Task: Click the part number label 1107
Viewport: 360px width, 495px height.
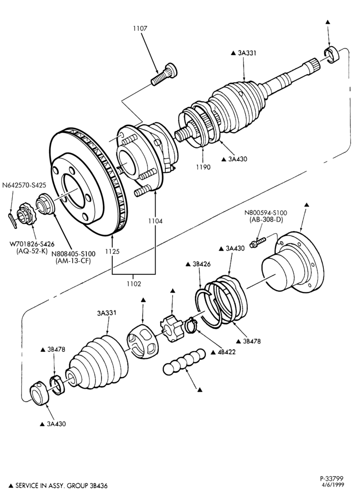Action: pyautogui.click(x=140, y=28)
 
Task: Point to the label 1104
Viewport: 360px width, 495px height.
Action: pyautogui.click(x=155, y=221)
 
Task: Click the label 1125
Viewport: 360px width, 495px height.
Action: pyautogui.click(x=112, y=251)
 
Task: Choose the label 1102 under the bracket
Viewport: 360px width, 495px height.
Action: pyautogui.click(x=134, y=284)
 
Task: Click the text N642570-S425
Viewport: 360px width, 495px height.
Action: pyautogui.click(x=24, y=185)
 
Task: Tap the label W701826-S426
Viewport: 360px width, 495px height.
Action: pyautogui.click(x=32, y=244)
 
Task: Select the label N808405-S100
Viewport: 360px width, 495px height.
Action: pyautogui.click(x=73, y=254)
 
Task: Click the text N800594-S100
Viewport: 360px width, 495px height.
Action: pyautogui.click(x=266, y=213)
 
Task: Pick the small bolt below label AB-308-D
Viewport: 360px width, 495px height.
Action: pyautogui.click(x=258, y=243)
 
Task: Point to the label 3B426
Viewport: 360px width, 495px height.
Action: pyautogui.click(x=202, y=264)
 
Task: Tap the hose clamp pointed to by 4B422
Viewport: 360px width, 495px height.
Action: pyautogui.click(x=191, y=326)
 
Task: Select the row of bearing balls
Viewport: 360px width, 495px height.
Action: pyautogui.click(x=184, y=362)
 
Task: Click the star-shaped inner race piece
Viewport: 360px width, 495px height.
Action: pyautogui.click(x=172, y=328)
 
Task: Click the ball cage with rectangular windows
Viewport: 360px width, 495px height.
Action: pyautogui.click(x=142, y=342)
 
